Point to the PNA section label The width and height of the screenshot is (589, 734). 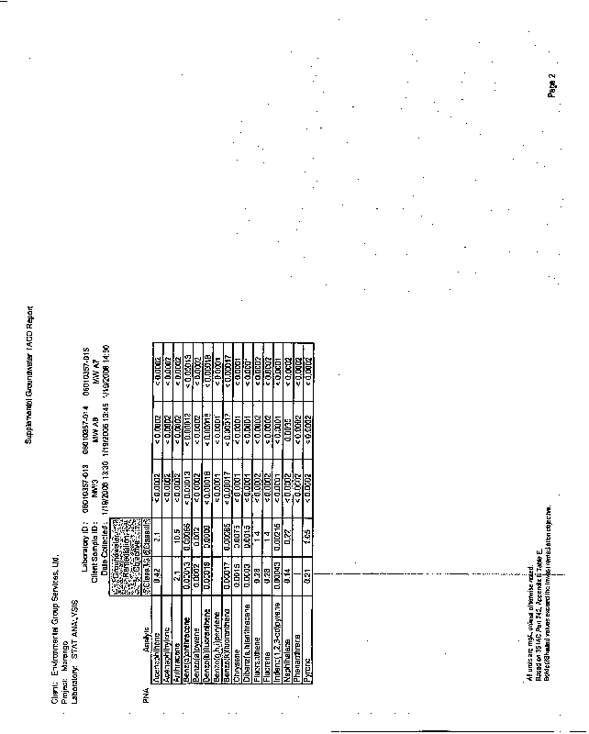[144, 700]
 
